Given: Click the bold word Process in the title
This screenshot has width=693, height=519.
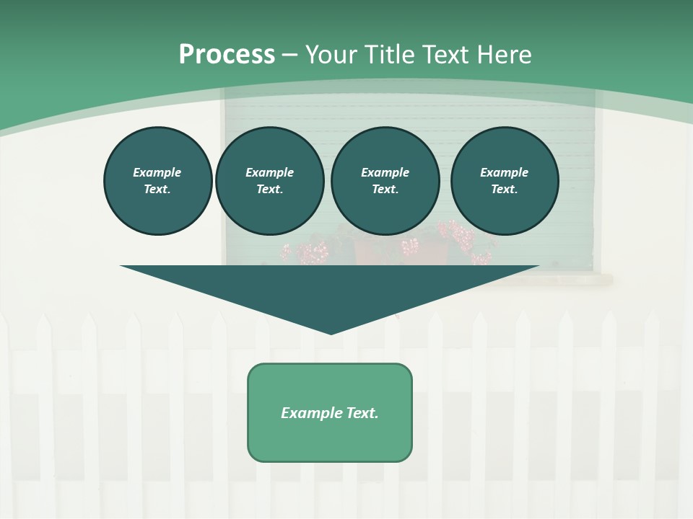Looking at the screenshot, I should pos(227,55).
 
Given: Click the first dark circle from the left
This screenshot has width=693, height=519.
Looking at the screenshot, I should pos(157,181).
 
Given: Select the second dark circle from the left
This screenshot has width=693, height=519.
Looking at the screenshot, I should pos(269,181).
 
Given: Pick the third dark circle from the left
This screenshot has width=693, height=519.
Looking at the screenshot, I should pos(385,181).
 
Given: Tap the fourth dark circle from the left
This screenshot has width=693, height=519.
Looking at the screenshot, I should pos(504,181).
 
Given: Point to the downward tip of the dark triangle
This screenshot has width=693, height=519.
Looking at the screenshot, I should pos(331,333).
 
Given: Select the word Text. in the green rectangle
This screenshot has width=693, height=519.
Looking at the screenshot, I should pos(362,413).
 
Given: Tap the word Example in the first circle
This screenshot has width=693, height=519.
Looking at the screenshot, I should pos(157,173).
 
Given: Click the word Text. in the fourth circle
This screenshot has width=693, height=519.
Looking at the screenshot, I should pos(504,190).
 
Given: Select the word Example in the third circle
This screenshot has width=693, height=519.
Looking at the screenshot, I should pos(385,173).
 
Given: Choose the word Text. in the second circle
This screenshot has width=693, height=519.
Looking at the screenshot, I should pos(269,190).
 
